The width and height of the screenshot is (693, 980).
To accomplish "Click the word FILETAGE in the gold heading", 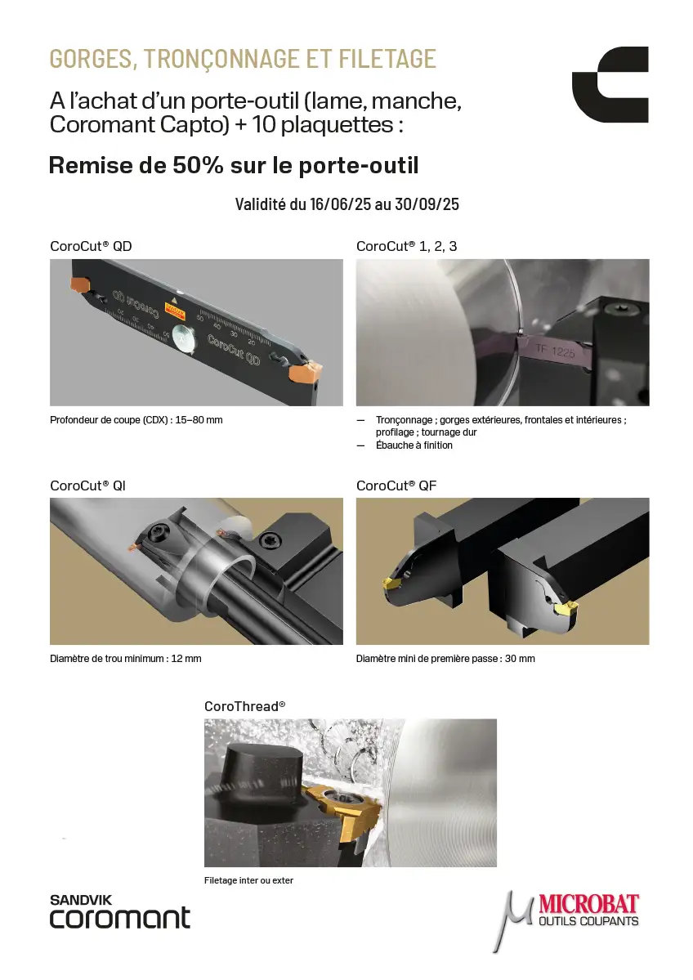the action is pos(387,59).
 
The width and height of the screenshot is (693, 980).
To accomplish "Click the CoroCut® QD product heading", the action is pos(91,246).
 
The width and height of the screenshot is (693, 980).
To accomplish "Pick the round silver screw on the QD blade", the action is pos(183,338).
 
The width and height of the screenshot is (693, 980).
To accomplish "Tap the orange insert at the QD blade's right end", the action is pos(304,374).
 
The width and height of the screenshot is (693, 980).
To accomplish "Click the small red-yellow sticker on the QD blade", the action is pos(175,308).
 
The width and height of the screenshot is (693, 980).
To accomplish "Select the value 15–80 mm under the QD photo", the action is pos(199,420).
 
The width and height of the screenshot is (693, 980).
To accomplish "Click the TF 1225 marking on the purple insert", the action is pos(555,351).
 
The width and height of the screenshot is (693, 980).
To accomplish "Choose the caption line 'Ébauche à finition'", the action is pos(414,445).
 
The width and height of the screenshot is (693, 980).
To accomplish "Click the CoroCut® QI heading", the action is pos(87,486).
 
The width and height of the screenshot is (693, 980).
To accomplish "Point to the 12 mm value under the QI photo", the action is pos(186,659).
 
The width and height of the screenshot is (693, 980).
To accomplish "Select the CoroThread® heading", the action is pos(245,706).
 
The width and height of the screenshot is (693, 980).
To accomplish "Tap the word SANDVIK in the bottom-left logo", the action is pos(81,900).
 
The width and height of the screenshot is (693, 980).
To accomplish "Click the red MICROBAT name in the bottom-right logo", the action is pos(588,904).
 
